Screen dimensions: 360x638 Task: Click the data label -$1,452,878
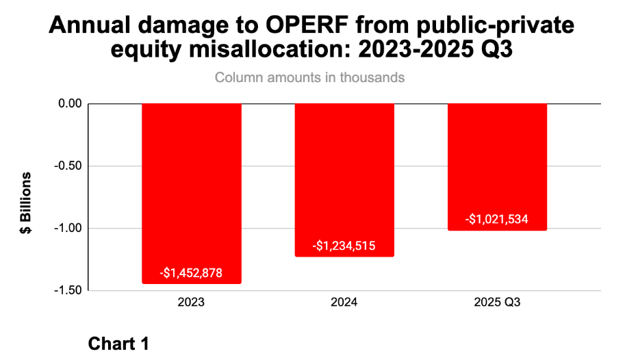191,272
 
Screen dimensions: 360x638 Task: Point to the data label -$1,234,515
344,246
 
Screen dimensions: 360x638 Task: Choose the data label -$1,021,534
497,220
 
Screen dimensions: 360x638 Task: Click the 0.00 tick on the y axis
68,104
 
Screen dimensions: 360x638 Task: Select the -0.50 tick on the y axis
67,166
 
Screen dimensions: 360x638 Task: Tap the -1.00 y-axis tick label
67,229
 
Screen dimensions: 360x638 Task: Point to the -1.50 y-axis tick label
67,291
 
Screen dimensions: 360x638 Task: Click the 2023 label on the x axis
191,303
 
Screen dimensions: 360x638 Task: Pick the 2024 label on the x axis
344,303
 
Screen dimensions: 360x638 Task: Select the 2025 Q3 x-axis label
497,303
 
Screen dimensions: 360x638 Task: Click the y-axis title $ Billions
26,203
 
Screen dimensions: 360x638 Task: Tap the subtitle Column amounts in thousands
309,77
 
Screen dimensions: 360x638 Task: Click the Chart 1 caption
118,344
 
